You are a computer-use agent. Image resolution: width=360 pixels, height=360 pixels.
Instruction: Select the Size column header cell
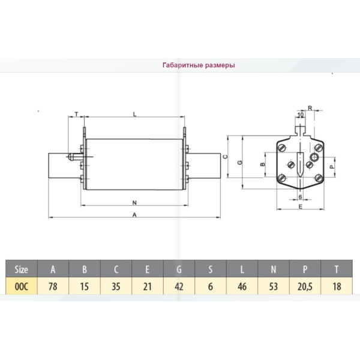22,269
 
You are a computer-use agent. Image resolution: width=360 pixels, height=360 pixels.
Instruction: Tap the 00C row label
22,286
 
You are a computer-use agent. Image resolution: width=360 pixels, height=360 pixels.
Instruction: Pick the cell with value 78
53,286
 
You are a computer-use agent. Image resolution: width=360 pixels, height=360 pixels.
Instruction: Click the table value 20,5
305,286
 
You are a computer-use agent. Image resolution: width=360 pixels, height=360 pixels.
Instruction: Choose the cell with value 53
274,286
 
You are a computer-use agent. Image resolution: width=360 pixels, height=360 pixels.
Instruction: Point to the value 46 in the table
242,286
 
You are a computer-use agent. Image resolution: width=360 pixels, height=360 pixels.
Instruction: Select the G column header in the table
179,269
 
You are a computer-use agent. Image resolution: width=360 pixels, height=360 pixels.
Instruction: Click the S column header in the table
211,269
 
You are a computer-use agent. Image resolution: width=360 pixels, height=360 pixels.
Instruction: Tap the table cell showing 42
179,286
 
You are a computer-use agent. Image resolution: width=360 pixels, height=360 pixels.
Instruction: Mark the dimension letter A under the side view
135,214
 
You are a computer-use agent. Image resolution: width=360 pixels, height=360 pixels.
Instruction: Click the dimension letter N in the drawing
135,202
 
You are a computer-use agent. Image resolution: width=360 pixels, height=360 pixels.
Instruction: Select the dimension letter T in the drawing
77,113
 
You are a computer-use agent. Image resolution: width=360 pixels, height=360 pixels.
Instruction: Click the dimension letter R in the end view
310,109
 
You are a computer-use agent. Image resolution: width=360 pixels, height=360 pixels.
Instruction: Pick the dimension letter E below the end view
299,205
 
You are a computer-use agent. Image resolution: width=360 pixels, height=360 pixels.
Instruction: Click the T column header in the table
337,269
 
